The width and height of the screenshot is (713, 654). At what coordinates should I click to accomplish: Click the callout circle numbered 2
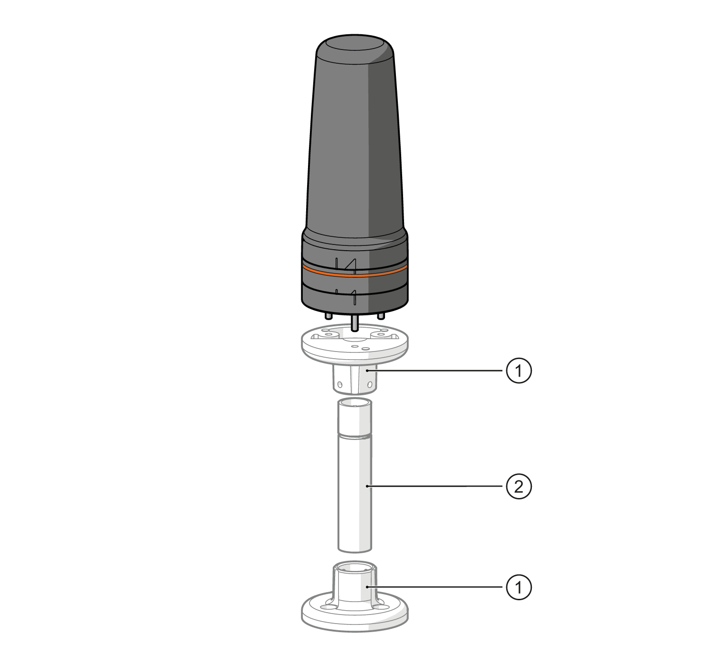pos(519,487)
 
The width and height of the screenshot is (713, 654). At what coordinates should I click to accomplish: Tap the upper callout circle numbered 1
pos(519,371)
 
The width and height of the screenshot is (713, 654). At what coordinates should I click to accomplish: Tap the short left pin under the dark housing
pos(328,316)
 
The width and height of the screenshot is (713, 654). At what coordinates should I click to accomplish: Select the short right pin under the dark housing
pos(381,315)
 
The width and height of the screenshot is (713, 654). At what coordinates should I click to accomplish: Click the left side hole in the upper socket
pos(339,384)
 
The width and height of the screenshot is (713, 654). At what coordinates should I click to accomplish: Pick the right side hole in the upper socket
pos(370,384)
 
